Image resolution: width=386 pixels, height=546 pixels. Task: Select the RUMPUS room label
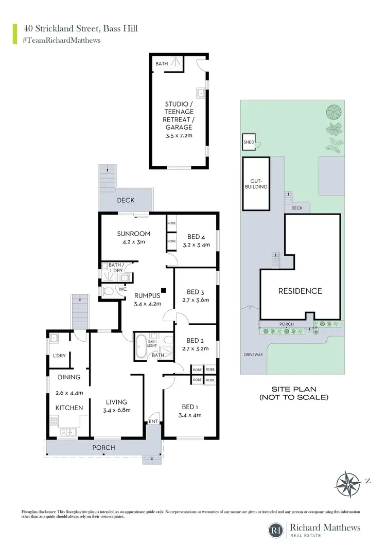pyautogui.click(x=148, y=295)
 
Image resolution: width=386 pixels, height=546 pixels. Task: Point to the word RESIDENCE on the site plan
pyautogui.click(x=300, y=291)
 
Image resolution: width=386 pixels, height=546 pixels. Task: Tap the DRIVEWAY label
pyautogui.click(x=254, y=355)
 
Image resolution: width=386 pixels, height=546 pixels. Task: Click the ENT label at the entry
pyautogui.click(x=153, y=421)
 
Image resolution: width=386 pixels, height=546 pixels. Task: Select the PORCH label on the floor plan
pyautogui.click(x=103, y=447)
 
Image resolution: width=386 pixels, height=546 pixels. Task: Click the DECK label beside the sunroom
pyautogui.click(x=126, y=200)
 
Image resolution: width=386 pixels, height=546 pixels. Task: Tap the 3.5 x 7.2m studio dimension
pyautogui.click(x=179, y=136)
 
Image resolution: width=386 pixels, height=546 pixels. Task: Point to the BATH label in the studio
pyautogui.click(x=162, y=64)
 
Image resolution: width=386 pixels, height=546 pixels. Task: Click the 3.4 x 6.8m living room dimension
pyautogui.click(x=117, y=410)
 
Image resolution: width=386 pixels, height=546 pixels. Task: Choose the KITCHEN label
pyautogui.click(x=69, y=408)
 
